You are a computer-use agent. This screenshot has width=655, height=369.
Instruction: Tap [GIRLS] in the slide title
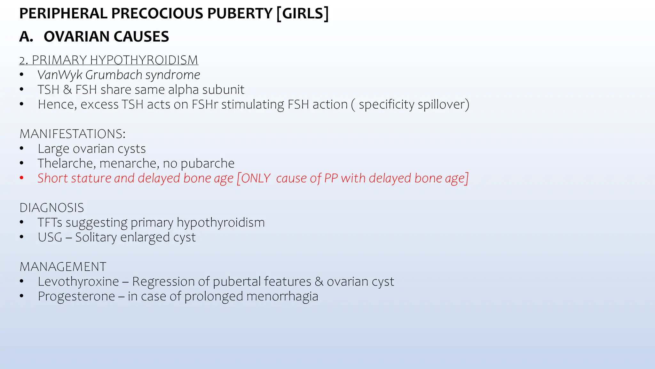(x=303, y=13)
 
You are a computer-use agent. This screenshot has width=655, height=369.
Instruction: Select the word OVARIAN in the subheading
(x=77, y=37)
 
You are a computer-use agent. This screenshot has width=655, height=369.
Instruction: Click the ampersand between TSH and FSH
(x=67, y=90)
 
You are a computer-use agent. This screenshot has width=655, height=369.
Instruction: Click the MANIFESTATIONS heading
(x=72, y=134)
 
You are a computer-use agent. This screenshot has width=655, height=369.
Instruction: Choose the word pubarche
(x=208, y=164)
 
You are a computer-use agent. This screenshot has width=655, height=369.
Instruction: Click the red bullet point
(x=21, y=178)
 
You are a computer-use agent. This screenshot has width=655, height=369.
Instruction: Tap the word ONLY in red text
(x=256, y=178)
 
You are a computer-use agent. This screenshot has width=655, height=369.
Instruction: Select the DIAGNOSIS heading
(x=52, y=208)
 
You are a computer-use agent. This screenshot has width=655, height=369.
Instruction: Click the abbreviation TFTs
(x=50, y=223)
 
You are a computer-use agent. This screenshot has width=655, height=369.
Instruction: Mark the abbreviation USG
(x=50, y=237)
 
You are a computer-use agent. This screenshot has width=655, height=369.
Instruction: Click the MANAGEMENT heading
(x=63, y=267)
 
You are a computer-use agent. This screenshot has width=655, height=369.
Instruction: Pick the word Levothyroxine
(x=78, y=282)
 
